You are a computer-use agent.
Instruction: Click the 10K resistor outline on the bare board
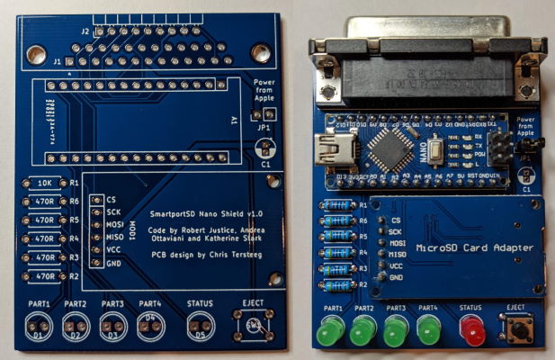44,183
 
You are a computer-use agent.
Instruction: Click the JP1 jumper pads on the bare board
264,115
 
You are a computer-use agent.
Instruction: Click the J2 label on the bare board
85,31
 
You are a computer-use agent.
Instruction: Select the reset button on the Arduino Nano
434,148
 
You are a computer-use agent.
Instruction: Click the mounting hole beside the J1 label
37,56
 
